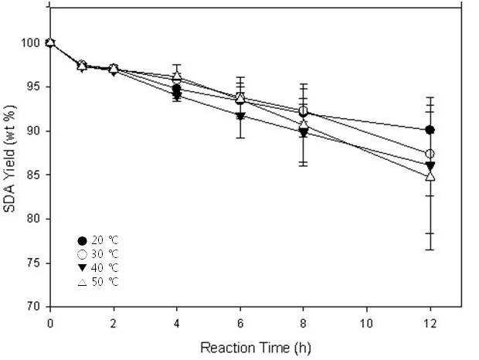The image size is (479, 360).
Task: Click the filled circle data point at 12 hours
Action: click(430, 130)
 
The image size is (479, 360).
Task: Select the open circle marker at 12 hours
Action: click(430, 154)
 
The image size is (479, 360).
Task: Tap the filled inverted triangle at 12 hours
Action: click(430, 166)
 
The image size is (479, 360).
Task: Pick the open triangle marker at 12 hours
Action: click(430, 176)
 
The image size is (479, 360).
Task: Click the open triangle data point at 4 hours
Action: click(177, 76)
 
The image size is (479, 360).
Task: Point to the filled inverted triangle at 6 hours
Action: click(240, 117)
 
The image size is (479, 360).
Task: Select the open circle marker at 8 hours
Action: click(303, 110)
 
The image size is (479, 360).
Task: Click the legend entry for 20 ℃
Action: click(98, 240)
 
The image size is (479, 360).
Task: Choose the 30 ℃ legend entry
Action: click(98, 254)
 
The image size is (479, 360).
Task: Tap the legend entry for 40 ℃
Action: click(98, 268)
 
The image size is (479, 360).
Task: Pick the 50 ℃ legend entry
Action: click(98, 281)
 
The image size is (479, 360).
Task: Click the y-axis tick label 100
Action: click(30, 42)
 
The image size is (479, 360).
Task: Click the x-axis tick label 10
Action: click(366, 323)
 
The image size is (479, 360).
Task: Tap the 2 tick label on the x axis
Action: click(114, 323)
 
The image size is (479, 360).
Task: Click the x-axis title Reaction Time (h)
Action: click(256, 348)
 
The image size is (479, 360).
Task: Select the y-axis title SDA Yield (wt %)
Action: click(10, 159)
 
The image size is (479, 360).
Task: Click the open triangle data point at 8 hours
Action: click(304, 125)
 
